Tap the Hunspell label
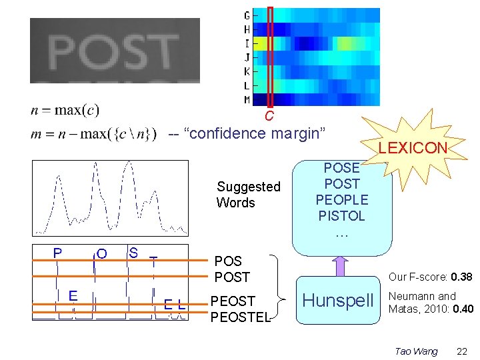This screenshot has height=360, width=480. [339, 301]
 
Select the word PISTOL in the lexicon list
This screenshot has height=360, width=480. [342, 216]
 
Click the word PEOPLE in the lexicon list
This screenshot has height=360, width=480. [342, 200]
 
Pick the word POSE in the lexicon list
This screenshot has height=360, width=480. [342, 168]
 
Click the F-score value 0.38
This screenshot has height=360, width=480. [461, 277]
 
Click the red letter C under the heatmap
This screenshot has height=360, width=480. [269, 116]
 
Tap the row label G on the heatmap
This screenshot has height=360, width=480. [247, 15]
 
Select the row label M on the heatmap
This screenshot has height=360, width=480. [247, 100]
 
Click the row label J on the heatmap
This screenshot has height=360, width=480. [247, 57]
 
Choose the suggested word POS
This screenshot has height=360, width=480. [228, 261]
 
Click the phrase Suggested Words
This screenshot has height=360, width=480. [248, 195]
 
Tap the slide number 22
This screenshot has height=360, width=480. [462, 351]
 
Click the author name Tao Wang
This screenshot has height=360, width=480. [416, 351]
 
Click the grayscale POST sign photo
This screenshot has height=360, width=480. [115, 51]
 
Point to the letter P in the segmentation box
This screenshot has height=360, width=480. [58, 253]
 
